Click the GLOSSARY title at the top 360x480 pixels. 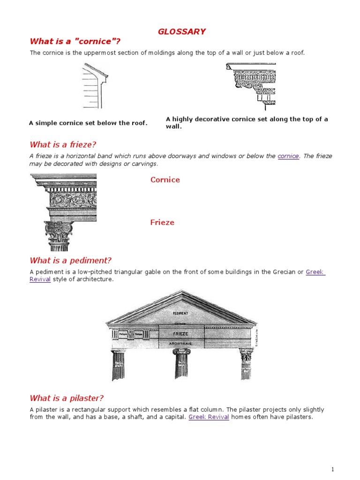(x=181, y=31)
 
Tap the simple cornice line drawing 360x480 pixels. (x=95, y=85)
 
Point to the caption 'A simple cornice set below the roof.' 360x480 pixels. (x=88, y=123)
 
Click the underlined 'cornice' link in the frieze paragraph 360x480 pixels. (x=288, y=156)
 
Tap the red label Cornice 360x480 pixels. (x=165, y=180)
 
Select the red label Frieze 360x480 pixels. (x=162, y=222)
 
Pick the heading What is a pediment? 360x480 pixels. (x=70, y=260)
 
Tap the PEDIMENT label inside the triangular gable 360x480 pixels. (x=180, y=313)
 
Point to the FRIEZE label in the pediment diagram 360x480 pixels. (x=180, y=334)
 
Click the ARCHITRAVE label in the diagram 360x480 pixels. (x=180, y=344)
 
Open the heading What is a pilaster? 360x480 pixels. (x=67, y=398)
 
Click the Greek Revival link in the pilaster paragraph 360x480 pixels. (x=209, y=417)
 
